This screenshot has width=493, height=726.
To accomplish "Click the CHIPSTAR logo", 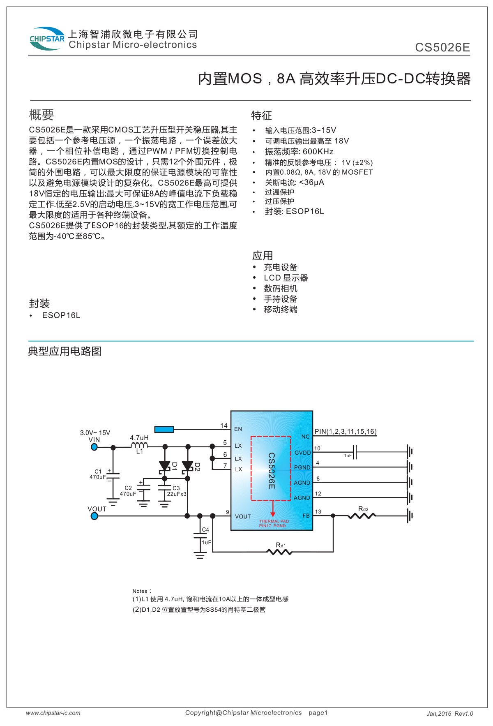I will tap(47, 39).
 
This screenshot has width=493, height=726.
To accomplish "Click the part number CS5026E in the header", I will tap(442, 48).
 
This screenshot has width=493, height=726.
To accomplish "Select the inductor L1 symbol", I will tap(140, 446).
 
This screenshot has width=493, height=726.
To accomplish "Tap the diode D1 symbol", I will tap(165, 466).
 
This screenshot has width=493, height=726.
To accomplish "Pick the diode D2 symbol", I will tap(188, 466).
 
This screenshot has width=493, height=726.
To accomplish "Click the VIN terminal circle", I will tap(94, 447).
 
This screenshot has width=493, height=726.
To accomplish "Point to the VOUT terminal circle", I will tap(94, 516).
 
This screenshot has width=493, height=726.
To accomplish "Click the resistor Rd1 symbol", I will tap(280, 552).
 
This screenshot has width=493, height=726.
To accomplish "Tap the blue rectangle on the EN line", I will tap(164, 429).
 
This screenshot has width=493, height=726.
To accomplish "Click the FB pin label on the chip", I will tap(306, 516).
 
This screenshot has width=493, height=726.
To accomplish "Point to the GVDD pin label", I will tap(303, 453).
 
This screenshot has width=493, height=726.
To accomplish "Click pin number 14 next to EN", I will tap(224, 425).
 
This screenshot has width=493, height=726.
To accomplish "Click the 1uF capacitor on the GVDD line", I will tap(355, 452).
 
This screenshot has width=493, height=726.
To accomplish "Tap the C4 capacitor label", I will tap(205, 529).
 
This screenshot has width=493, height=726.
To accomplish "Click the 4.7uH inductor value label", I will tap(139, 438).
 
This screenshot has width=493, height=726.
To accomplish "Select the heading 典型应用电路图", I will tap(65, 351).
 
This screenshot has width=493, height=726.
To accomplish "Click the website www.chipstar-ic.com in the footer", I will tap(53, 713).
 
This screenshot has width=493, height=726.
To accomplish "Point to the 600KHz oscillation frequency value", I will tap(318, 152).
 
